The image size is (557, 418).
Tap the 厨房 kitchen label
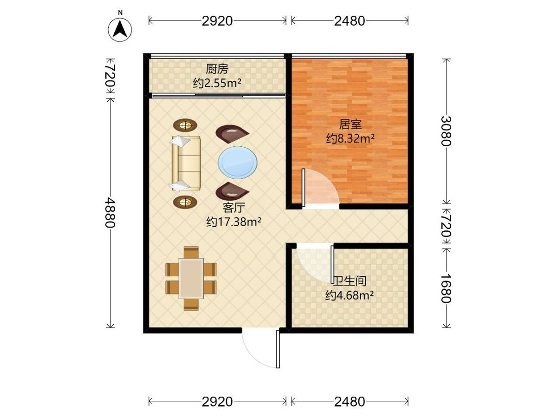click(x=217, y=69)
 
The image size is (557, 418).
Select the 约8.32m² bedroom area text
click(x=350, y=138)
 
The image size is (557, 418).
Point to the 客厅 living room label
click(x=234, y=208)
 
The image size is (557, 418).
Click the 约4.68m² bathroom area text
click(x=350, y=295)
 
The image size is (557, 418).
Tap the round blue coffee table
click(x=238, y=163)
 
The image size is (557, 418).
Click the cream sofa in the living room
click(x=186, y=163)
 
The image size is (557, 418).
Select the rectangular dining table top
click(x=191, y=278)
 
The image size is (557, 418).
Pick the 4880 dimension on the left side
click(x=110, y=212)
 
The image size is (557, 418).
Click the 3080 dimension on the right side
click(x=446, y=131)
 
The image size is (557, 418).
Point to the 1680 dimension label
click(x=446, y=288)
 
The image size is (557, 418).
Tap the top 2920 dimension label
click(x=217, y=21)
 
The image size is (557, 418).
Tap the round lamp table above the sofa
click(x=185, y=125)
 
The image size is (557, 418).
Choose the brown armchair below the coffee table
click(x=232, y=191)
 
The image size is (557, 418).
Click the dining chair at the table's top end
click(x=191, y=252)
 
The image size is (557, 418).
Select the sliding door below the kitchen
click(x=219, y=95)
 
